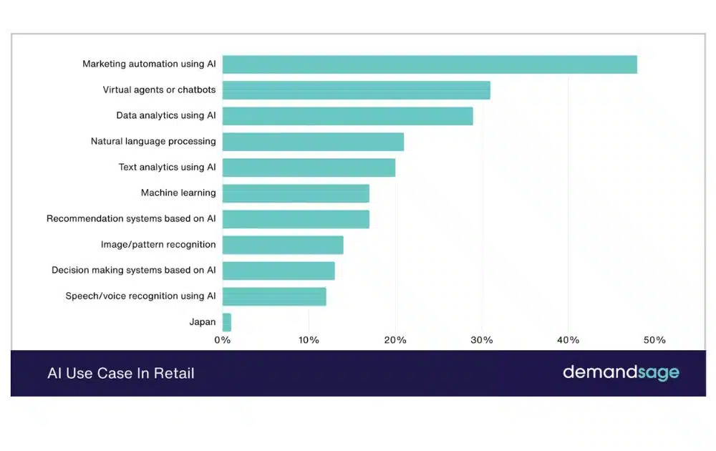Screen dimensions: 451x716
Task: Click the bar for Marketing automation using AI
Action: pyautogui.click(x=430, y=64)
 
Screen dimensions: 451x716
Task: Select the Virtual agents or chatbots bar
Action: pyautogui.click(x=356, y=90)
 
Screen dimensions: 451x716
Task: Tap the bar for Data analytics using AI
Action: pyautogui.click(x=347, y=116)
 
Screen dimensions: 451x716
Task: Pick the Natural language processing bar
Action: pyautogui.click(x=313, y=142)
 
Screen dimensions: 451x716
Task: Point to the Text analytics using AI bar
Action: pyautogui.click(x=309, y=168)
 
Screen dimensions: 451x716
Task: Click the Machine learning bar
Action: pyautogui.click(x=296, y=193)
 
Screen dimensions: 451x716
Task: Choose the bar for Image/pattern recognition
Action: pyautogui.click(x=283, y=245)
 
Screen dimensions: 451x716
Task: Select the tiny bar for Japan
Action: pyautogui.click(x=227, y=322)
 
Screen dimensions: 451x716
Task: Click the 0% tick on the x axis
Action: pyautogui.click(x=223, y=340)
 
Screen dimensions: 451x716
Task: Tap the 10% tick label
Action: pyautogui.click(x=309, y=340)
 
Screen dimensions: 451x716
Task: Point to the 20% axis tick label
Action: pyautogui.click(x=395, y=340)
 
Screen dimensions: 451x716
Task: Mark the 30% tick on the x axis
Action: pyautogui.click(x=482, y=340)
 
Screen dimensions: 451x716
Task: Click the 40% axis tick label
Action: pyautogui.click(x=569, y=340)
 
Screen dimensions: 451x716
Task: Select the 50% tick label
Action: pyautogui.click(x=654, y=340)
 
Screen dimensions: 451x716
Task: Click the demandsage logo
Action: pyautogui.click(x=621, y=372)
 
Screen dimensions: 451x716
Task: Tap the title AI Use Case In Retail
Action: pyautogui.click(x=120, y=373)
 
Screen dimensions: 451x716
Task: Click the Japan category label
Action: pyautogui.click(x=203, y=322)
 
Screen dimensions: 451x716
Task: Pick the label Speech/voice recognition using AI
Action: pyautogui.click(x=140, y=296)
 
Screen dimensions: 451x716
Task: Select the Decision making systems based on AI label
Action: pyautogui.click(x=134, y=271)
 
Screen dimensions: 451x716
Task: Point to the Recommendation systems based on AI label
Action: pyautogui.click(x=131, y=219)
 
